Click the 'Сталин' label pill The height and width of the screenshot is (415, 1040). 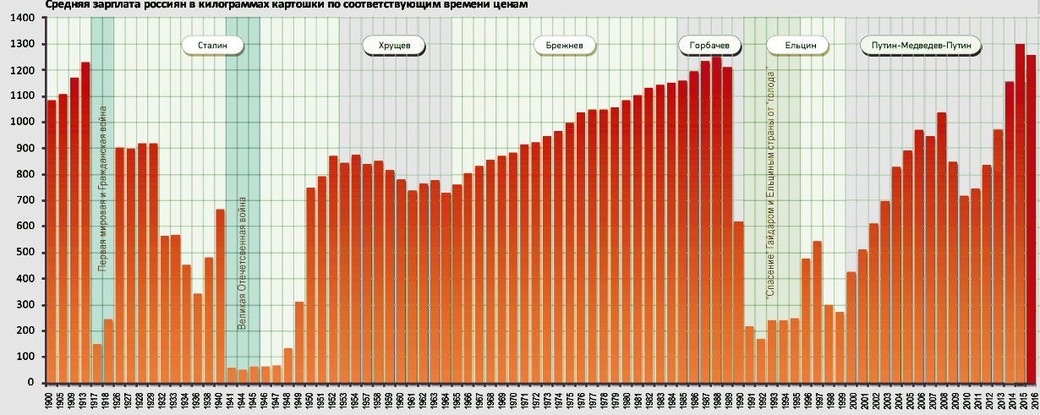[x=212, y=44]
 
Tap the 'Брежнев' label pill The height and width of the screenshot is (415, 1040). [x=565, y=44]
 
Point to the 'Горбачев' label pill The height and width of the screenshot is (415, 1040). [x=709, y=44]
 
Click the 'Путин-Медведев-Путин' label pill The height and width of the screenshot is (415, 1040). [x=920, y=44]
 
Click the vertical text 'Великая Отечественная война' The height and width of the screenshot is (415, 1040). [x=242, y=263]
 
